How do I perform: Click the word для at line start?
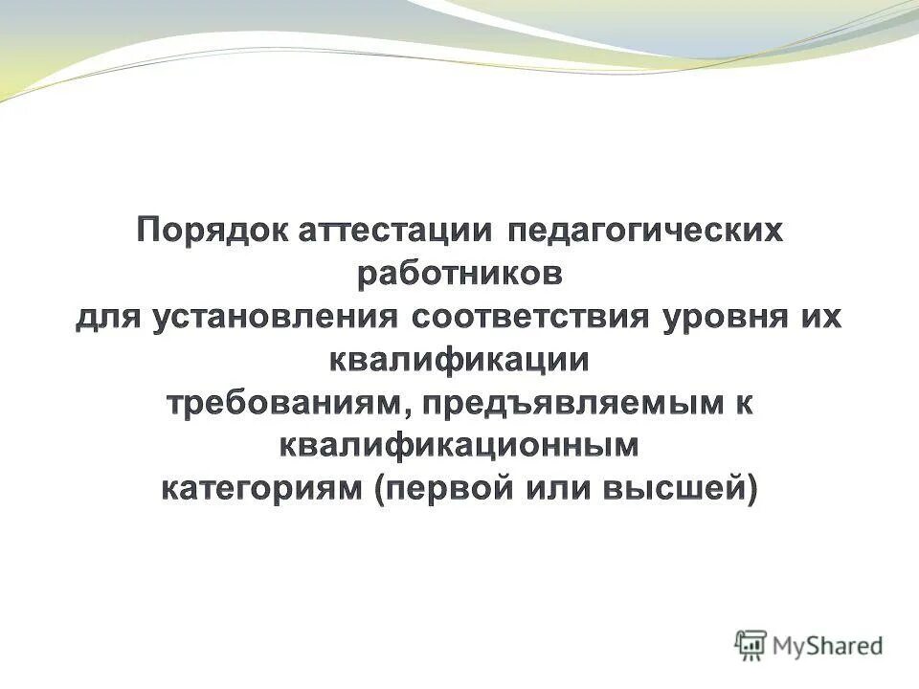pyautogui.click(x=106, y=318)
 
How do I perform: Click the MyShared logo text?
pyautogui.click(x=829, y=646)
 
